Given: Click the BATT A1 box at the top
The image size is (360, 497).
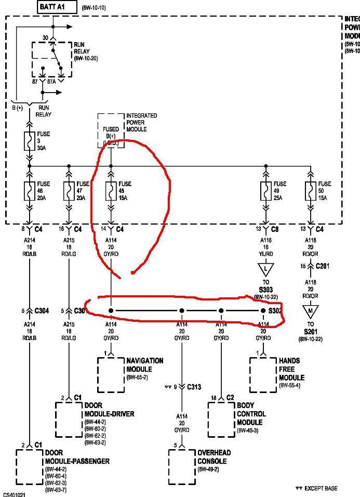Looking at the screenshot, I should click(x=57, y=7).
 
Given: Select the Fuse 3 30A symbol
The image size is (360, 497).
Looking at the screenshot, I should click(x=30, y=140).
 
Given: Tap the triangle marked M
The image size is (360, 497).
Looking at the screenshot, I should click(x=311, y=311).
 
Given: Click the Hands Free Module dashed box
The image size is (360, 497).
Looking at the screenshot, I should click(x=263, y=374).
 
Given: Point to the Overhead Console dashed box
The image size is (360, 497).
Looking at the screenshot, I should click(x=181, y=460).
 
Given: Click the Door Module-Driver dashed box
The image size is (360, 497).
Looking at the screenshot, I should click(x=69, y=419).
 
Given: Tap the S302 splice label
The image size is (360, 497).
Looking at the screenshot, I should click(x=274, y=311).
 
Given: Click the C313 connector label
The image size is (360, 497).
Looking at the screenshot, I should click(x=194, y=387).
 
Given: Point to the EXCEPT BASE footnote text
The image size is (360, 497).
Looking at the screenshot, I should click(x=320, y=488).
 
